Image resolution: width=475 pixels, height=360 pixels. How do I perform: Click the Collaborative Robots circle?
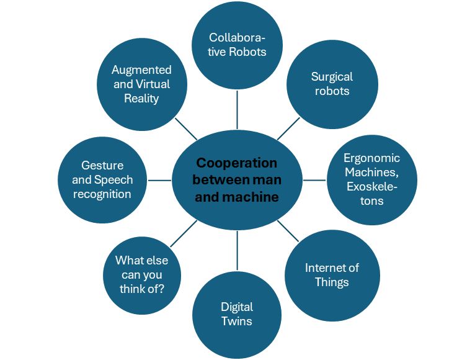[238, 44]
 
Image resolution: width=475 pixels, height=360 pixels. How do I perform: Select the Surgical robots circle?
[332, 84]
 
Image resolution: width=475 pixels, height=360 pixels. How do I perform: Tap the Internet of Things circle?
[332, 275]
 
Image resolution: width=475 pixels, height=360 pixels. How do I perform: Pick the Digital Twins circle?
[237, 314]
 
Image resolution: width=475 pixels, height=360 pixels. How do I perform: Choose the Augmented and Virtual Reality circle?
[141, 84]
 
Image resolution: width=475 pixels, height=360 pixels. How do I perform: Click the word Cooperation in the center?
[236, 163]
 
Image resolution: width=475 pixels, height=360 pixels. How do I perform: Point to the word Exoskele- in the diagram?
[371, 186]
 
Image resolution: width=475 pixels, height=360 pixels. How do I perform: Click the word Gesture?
[102, 166]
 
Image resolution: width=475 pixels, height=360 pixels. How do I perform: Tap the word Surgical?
[332, 77]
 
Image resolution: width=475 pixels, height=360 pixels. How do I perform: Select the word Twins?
[237, 321]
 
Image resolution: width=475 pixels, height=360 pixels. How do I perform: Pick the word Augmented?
[141, 70]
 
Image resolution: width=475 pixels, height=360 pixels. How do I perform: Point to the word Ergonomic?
[371, 158]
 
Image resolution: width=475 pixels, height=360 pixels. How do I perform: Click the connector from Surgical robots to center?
[288, 128]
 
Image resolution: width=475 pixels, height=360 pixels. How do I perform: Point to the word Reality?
[141, 98]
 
